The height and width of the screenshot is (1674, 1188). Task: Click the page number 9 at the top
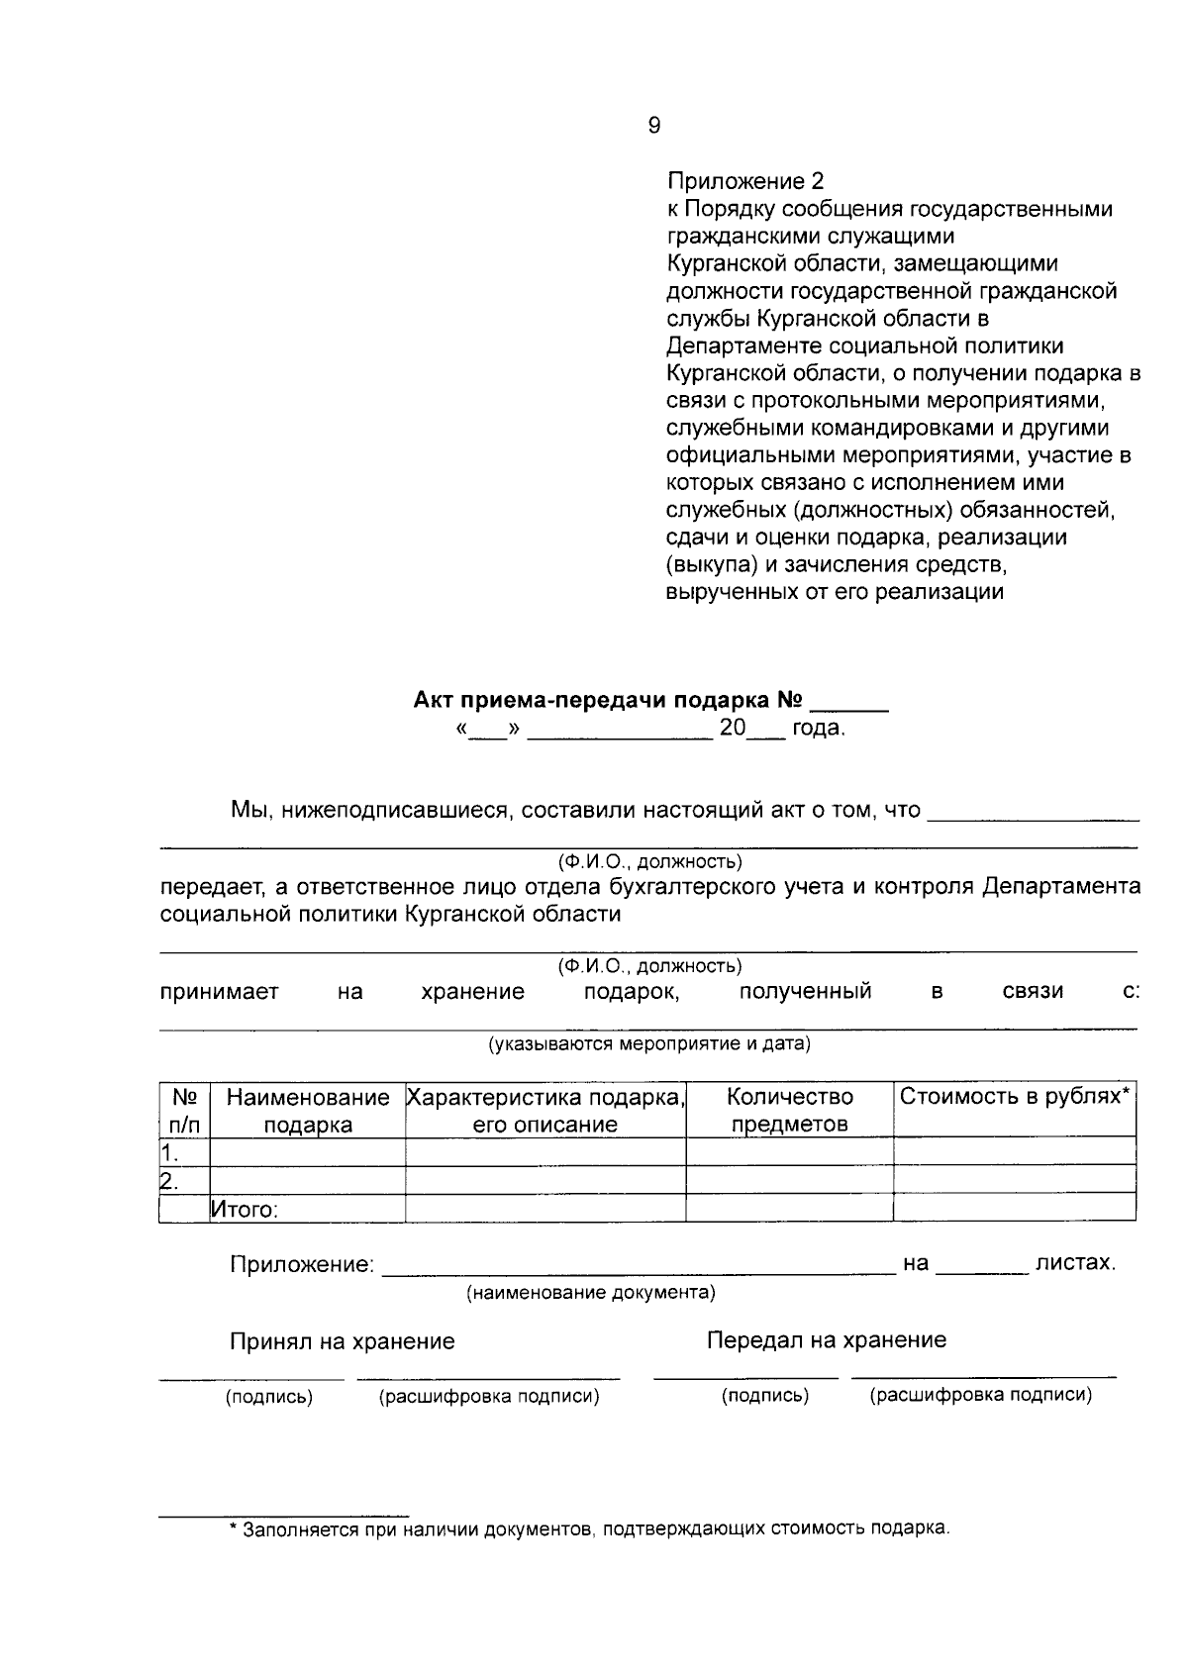[653, 126]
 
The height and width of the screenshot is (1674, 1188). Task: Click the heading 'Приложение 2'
[745, 181]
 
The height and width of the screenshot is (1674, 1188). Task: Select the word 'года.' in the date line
[819, 730]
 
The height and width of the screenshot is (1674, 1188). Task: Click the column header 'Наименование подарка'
[308, 1111]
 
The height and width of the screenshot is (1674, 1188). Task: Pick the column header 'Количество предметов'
[789, 1111]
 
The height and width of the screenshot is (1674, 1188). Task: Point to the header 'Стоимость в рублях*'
[1015, 1097]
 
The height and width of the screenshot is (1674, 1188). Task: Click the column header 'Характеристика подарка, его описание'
[545, 1111]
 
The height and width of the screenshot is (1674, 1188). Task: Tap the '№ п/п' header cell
[185, 1111]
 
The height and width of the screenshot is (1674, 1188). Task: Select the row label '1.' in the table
[170, 1152]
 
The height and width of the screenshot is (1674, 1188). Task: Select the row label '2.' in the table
[170, 1180]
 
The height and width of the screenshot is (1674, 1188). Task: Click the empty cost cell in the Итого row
[1015, 1208]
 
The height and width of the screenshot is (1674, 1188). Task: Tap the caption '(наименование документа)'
[591, 1293]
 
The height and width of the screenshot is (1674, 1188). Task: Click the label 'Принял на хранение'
[343, 1341]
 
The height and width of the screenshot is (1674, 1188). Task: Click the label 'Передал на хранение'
[826, 1340]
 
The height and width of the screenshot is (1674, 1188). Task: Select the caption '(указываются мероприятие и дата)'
[648, 1044]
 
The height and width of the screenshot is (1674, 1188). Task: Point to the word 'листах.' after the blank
[1075, 1263]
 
